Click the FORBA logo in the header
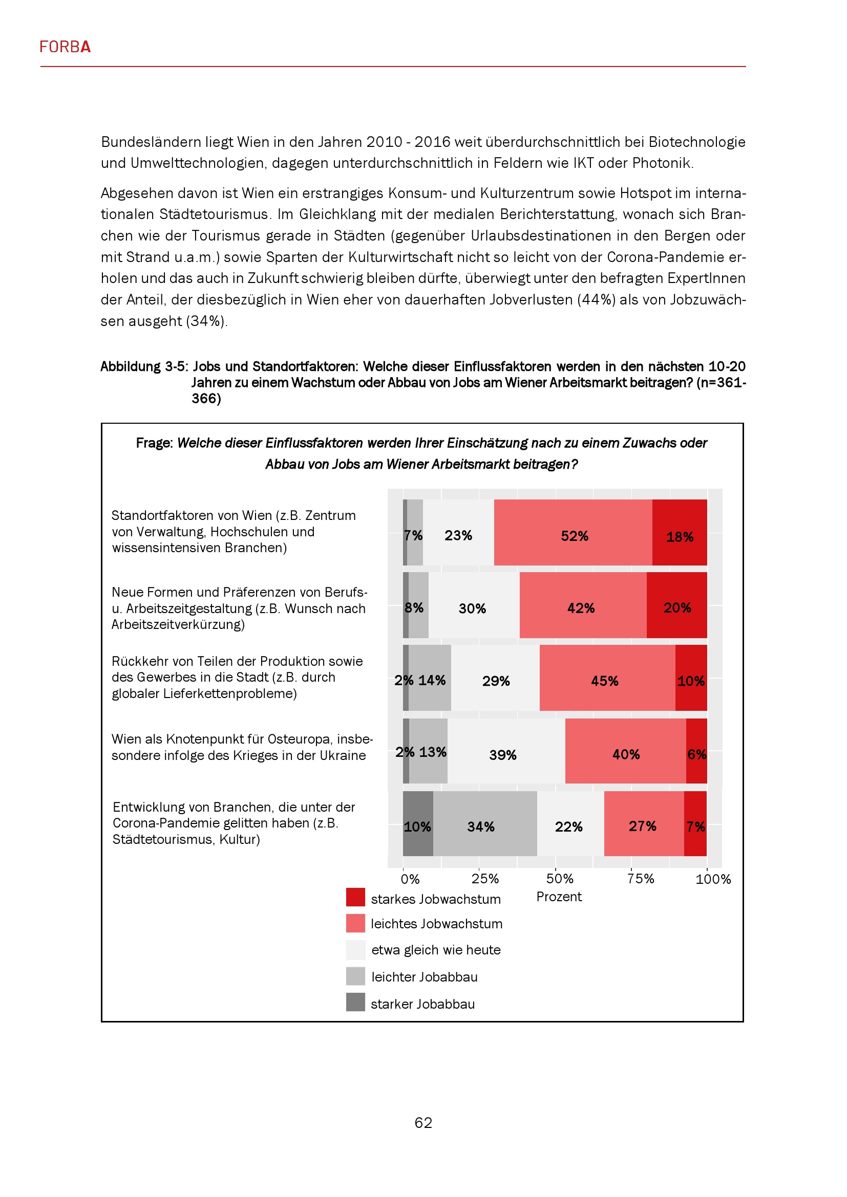coord(65,48)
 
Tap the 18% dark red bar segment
coord(679,532)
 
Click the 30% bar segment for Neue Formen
coord(474,605)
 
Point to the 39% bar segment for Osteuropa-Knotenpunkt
coord(506,751)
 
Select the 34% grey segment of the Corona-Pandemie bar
coord(484,823)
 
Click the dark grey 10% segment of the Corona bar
coord(418,823)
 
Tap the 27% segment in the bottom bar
coord(644,823)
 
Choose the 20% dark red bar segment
coord(676,605)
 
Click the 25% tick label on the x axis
coord(485,879)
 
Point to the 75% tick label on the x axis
coord(641,879)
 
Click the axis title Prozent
coord(559,897)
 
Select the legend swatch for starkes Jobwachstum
coord(355,897)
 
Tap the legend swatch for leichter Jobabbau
coord(355,976)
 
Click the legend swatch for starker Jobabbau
coord(355,1002)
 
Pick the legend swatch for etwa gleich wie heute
coord(355,950)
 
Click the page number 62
coord(423,1122)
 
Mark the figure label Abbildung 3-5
coord(143,366)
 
